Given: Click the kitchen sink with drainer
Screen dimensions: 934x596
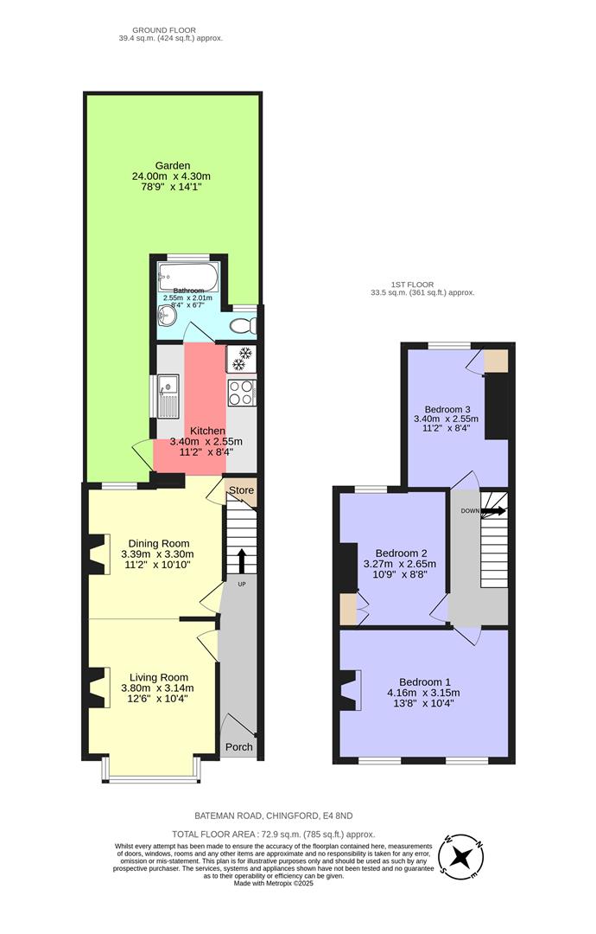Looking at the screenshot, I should (168, 395).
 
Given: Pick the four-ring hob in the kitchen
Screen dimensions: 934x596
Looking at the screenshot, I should (241, 393).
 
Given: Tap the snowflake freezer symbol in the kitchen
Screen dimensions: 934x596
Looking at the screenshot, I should (242, 355).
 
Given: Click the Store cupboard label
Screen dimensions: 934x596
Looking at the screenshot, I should (242, 491).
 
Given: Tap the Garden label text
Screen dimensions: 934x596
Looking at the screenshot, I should (173, 165).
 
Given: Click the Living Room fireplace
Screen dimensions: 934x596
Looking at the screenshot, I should (97, 688).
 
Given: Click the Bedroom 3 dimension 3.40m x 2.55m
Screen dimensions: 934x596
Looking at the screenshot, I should (447, 419).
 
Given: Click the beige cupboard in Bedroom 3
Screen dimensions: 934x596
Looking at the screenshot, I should (496, 360).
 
